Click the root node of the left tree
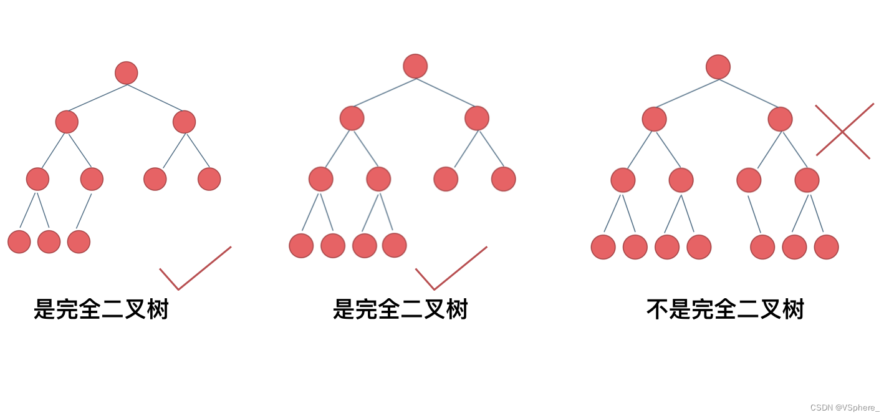[127, 73]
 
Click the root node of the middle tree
[415, 66]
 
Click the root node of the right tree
[718, 67]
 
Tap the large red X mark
[843, 131]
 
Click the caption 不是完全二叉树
[725, 309]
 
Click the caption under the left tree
[102, 309]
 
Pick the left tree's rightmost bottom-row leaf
[79, 241]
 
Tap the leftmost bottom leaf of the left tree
[19, 241]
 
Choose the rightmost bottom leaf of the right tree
[827, 246]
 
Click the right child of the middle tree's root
[477, 118]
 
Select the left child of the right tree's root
[655, 119]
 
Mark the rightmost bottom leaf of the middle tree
[395, 245]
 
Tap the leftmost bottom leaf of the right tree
[603, 246]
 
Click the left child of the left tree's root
[67, 122]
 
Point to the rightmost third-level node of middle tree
[504, 179]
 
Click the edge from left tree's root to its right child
[155, 97]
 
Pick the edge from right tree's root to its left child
[686, 93]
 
